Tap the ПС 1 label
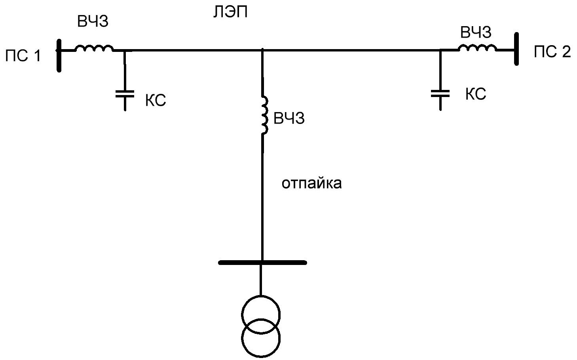coord(23,56)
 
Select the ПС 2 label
coord(552,51)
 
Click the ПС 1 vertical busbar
coord(59,56)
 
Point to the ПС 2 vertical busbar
coord(516,49)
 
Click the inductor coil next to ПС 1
coord(94,48)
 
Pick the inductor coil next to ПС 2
coord(477,48)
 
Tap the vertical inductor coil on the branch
coord(265,116)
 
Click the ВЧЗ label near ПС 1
coord(93,21)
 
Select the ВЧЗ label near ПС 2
coord(476,32)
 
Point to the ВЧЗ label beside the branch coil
coord(289,118)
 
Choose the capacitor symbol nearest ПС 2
coord(440,94)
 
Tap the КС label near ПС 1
coord(156,100)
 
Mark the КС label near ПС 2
coord(476,94)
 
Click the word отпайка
coord(312,183)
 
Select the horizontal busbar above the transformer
coord(262,263)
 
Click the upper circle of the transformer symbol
coord(261,296)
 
